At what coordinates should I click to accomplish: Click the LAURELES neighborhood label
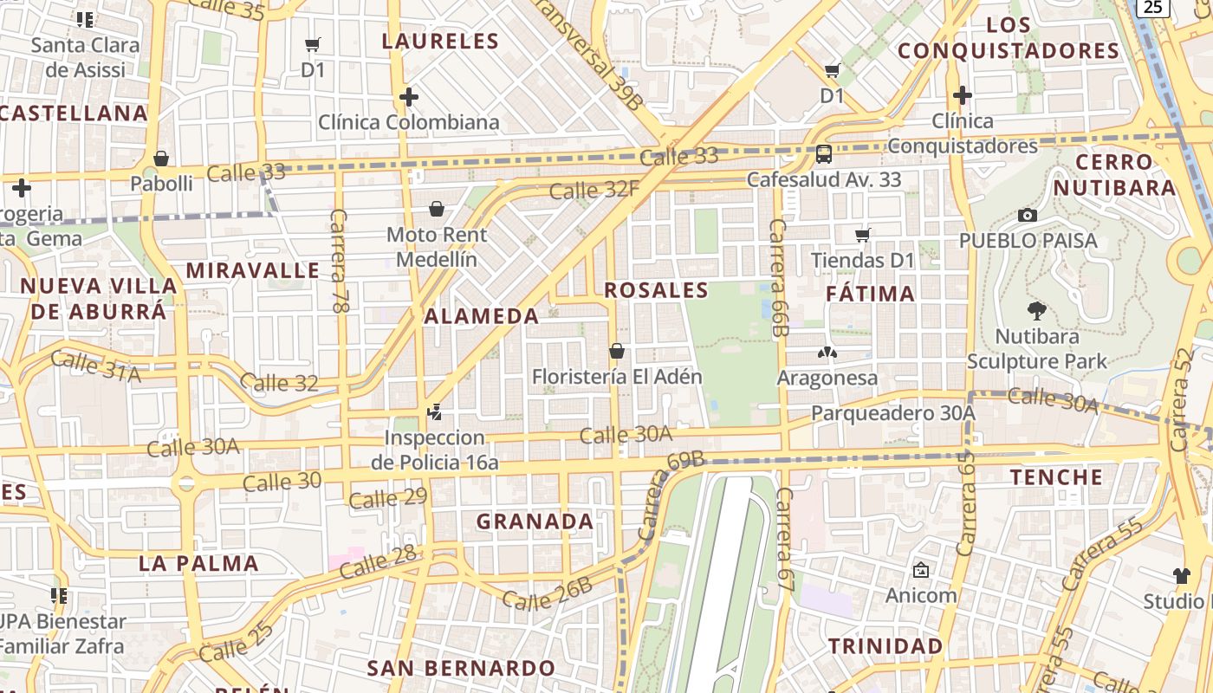pyautogui.click(x=440, y=41)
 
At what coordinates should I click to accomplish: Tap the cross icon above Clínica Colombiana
pyautogui.click(x=409, y=97)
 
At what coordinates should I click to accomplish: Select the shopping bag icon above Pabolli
pyautogui.click(x=161, y=159)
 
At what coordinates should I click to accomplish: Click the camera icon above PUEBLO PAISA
pyautogui.click(x=1028, y=215)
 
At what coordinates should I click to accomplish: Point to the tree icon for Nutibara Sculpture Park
pyautogui.click(x=1036, y=311)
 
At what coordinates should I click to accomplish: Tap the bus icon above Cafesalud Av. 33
pyautogui.click(x=823, y=155)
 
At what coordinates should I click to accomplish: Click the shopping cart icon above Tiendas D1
pyautogui.click(x=863, y=235)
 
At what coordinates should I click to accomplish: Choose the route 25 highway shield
pyautogui.click(x=1151, y=7)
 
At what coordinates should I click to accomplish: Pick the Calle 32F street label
pyautogui.click(x=594, y=189)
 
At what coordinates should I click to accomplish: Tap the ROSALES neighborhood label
pyautogui.click(x=656, y=290)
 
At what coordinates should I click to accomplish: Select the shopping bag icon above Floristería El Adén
pyautogui.click(x=617, y=351)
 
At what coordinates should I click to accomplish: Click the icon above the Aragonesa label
pyautogui.click(x=827, y=353)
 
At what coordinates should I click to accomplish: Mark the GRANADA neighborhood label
pyautogui.click(x=535, y=521)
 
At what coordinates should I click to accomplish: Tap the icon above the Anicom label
pyautogui.click(x=920, y=570)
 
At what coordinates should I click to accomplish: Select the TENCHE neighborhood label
pyautogui.click(x=1056, y=476)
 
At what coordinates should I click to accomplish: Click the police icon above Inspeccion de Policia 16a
pyautogui.click(x=435, y=412)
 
